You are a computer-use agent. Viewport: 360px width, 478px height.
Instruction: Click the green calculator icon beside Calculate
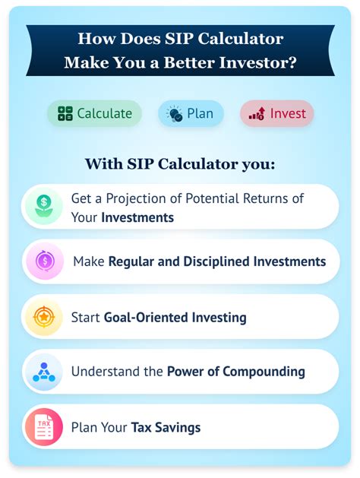[x=65, y=113]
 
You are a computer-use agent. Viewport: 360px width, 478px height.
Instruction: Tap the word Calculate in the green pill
[x=105, y=113]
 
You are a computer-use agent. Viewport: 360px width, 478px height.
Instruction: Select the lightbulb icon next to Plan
[x=174, y=114]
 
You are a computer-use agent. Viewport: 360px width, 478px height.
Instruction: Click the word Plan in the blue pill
[x=200, y=113]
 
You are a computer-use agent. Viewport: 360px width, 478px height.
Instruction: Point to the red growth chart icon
[x=257, y=114]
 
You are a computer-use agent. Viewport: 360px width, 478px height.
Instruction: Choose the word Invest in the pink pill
[x=288, y=113]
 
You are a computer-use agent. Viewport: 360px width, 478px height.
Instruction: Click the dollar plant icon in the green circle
[x=44, y=207]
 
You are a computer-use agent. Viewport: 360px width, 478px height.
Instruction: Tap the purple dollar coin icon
[x=45, y=261]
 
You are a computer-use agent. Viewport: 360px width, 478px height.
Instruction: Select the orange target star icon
[x=44, y=317]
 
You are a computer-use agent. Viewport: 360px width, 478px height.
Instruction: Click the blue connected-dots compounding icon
[x=44, y=372]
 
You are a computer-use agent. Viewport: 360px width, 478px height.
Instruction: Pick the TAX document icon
[x=44, y=427]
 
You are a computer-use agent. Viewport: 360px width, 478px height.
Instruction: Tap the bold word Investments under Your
[x=137, y=217]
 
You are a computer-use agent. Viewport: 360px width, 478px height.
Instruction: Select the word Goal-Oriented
[x=146, y=318]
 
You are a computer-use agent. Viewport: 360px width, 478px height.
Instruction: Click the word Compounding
[x=264, y=372]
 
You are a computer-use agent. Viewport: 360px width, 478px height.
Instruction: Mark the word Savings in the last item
[x=178, y=427]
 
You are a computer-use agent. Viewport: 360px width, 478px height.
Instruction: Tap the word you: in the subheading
[x=258, y=164]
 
